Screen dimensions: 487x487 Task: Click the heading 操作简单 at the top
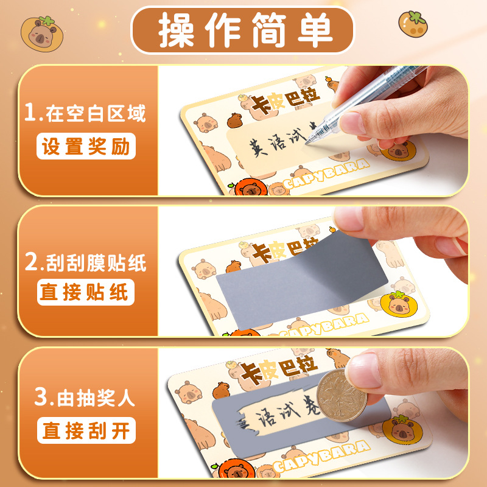pos(243,30)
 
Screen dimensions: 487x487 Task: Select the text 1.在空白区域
pos(85,113)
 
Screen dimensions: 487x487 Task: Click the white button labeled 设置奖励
pos(86,147)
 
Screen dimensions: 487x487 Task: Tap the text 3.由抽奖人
pos(85,399)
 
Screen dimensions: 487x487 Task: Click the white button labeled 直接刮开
pos(86,431)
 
